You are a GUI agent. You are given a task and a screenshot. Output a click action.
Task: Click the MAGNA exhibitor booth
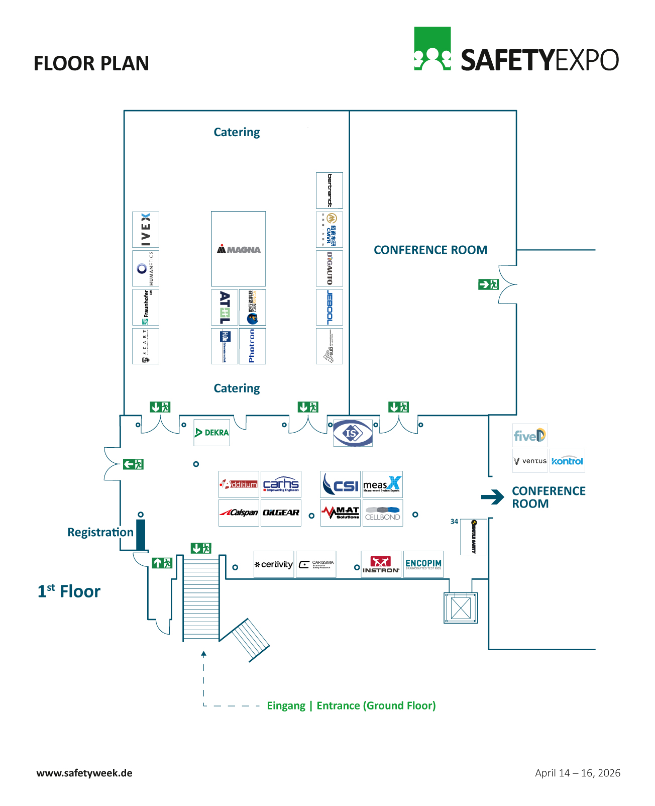click(239, 249)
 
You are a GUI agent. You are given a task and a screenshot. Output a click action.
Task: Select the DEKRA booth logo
click(212, 433)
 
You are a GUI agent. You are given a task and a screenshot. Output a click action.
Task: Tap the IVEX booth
click(146, 230)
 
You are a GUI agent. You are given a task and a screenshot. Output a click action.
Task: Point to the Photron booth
click(252, 346)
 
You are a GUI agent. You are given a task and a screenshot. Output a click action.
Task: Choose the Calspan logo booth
click(239, 513)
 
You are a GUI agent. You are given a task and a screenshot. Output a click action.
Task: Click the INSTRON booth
click(381, 564)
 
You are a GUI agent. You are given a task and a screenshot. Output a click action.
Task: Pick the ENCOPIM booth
click(423, 564)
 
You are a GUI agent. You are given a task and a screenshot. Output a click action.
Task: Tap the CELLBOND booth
click(383, 513)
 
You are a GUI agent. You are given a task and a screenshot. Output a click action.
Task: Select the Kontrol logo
click(567, 461)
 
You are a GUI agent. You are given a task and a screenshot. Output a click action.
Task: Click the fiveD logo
click(530, 435)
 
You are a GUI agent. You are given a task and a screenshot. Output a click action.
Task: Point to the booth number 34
click(454, 522)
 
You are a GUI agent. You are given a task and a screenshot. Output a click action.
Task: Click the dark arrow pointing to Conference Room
click(492, 497)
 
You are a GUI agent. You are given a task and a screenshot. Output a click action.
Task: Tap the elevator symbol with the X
click(461, 608)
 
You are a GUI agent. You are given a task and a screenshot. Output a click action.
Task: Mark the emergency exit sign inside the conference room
click(488, 284)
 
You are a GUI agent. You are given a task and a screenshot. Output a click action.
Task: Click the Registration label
click(100, 532)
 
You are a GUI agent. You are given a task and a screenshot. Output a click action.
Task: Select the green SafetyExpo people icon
click(432, 49)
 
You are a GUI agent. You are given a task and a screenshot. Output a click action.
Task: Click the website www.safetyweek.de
click(84, 773)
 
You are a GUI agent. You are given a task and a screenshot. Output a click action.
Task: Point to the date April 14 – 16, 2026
click(578, 773)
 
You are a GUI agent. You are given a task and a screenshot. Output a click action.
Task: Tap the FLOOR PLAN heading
click(91, 63)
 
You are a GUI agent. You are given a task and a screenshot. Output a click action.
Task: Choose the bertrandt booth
click(330, 190)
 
